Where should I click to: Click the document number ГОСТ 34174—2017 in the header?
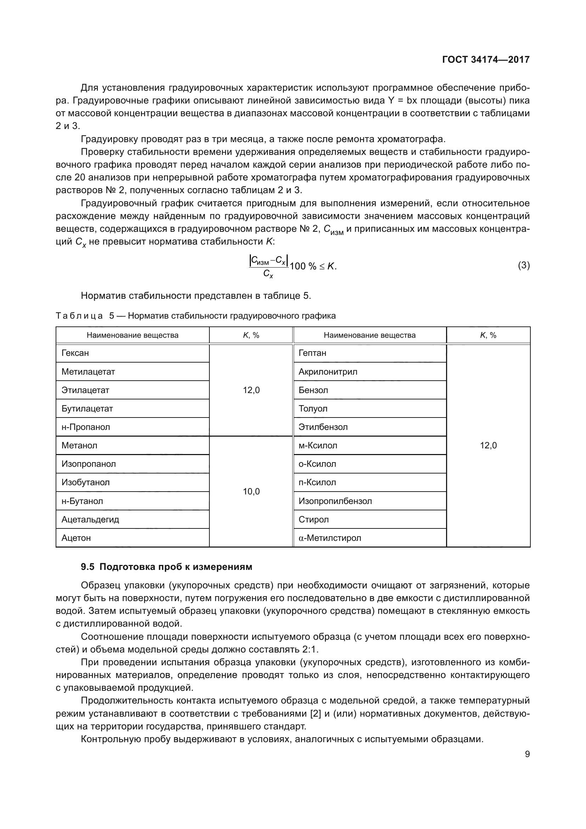click(486, 60)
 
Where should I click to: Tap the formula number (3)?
click(524, 265)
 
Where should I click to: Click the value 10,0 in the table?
click(251, 491)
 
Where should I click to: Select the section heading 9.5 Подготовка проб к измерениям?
click(167, 567)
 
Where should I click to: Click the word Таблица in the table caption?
click(79, 316)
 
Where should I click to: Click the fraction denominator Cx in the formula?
click(268, 274)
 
